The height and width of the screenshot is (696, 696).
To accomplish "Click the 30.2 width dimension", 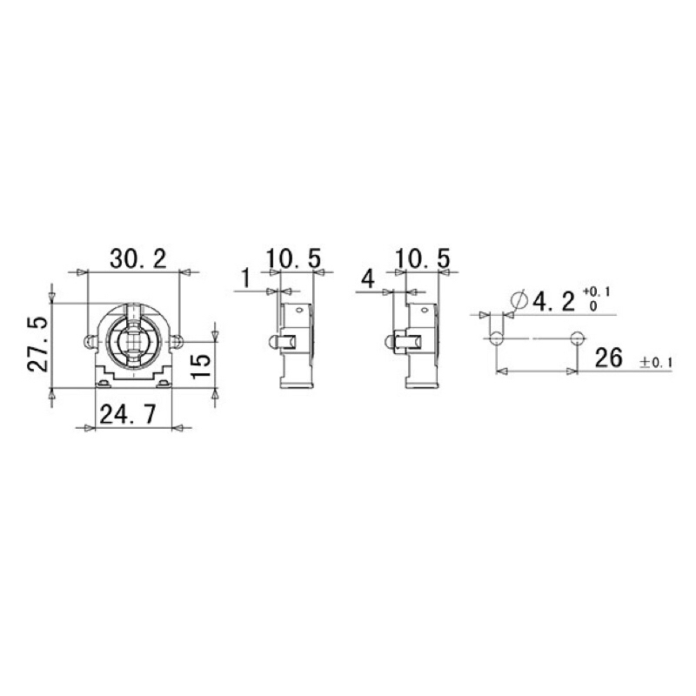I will [x=137, y=258].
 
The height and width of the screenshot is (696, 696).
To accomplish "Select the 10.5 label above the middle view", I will [x=293, y=258].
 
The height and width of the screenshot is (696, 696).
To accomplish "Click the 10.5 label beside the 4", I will [x=422, y=258].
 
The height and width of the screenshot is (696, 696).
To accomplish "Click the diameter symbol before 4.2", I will [x=517, y=301].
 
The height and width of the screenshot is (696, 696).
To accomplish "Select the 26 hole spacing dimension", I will [x=608, y=358].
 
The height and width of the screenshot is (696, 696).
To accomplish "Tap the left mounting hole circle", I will [x=495, y=338].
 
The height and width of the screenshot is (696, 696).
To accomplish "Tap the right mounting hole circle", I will [x=576, y=338].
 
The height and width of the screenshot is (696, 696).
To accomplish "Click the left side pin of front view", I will [x=90, y=340].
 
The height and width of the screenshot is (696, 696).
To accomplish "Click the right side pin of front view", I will [x=177, y=339].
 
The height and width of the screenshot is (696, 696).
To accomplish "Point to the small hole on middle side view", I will [x=298, y=308].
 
